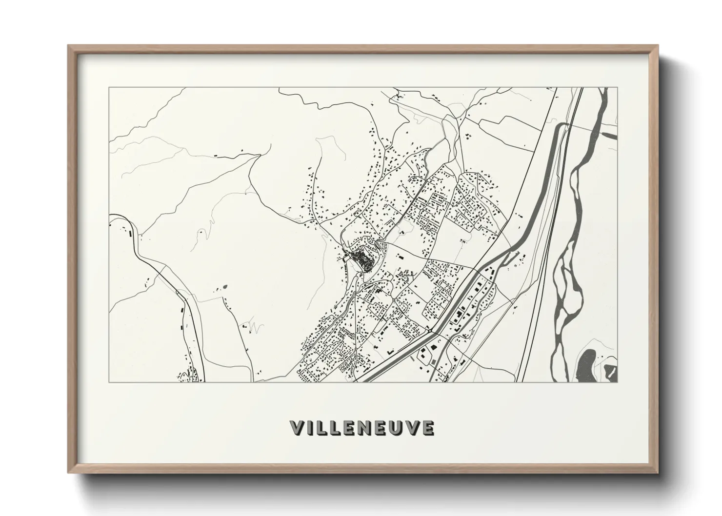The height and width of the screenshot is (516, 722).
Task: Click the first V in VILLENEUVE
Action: point(298,428)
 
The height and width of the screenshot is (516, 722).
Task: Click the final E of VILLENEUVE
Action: point(428,428)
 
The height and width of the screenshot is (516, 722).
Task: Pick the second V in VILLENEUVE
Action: point(414,428)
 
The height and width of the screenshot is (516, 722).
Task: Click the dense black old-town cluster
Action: point(363,258)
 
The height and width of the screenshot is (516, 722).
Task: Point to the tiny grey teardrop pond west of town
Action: point(225,284)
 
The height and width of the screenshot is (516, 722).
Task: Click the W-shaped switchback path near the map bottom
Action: point(252,325)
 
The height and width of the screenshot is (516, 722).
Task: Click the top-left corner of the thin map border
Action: point(109,88)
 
